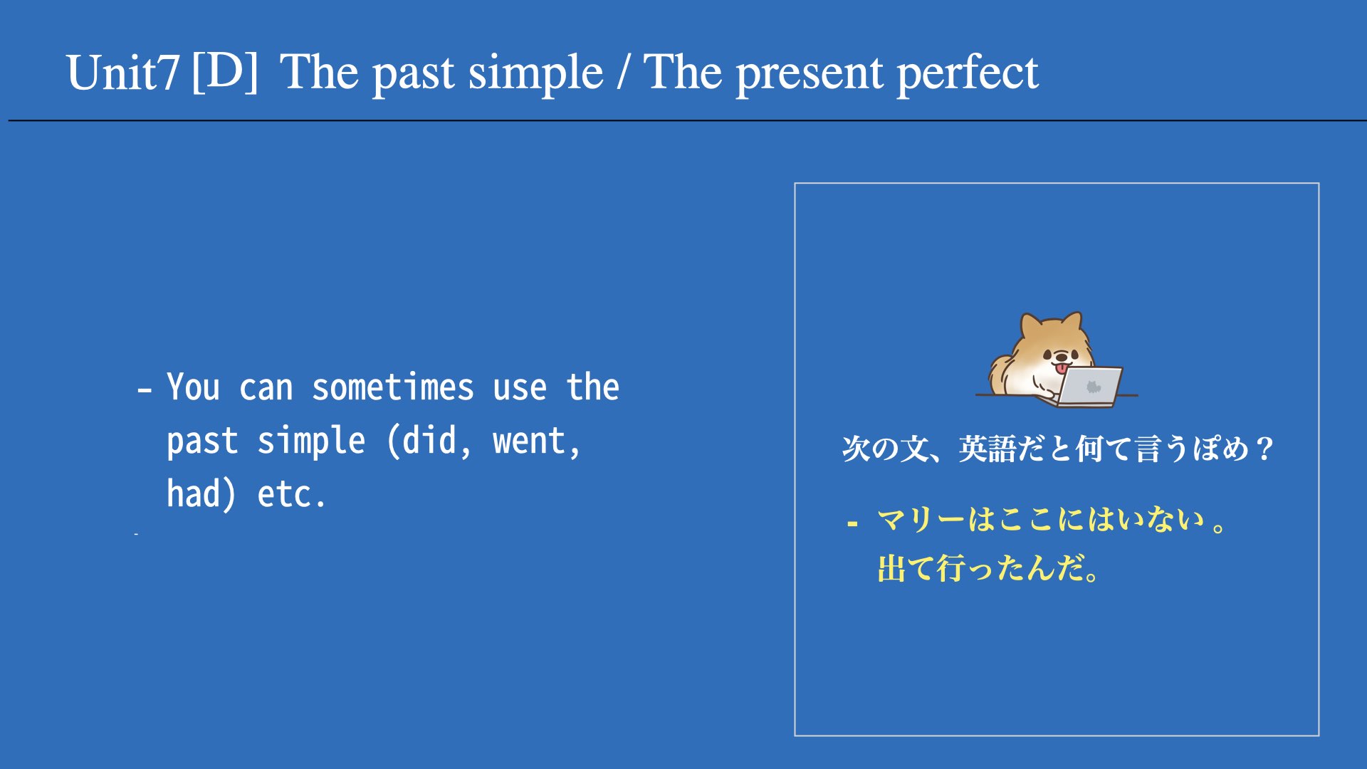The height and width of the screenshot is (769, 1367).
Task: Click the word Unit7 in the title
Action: coord(122,73)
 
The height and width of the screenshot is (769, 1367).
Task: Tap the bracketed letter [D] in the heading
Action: coord(225,71)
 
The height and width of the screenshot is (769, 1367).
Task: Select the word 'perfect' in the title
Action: coord(968,74)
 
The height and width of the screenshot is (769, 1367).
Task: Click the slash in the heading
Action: coord(624,73)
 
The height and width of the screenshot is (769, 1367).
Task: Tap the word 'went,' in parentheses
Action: coord(537,441)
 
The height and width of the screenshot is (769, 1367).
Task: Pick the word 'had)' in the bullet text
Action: coord(201,494)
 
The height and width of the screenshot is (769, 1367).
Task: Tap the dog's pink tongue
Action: coord(1062,368)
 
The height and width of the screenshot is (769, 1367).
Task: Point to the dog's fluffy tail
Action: coord(1001,374)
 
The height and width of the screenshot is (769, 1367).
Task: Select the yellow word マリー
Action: coord(921,520)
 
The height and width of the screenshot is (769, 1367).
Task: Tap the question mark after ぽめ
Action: coord(1264,449)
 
